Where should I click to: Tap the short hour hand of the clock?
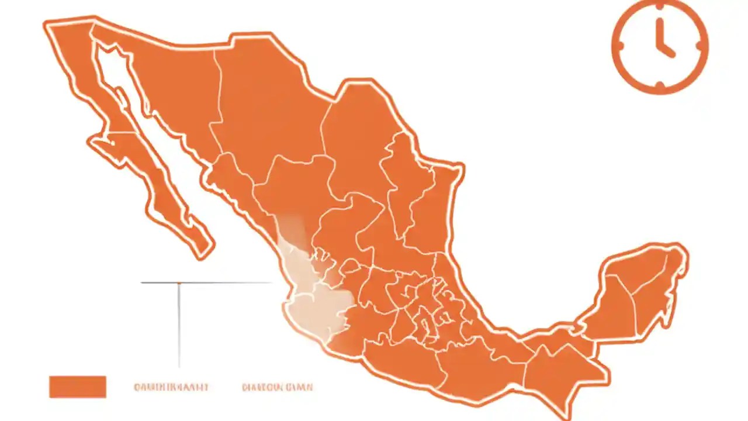[x=667, y=50]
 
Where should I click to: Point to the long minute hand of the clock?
[x=660, y=33]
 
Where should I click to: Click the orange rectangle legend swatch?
[x=78, y=387]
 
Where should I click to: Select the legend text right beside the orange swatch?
[x=171, y=387]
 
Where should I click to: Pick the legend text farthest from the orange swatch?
[x=277, y=387]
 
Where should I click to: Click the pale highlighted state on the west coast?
[x=316, y=304]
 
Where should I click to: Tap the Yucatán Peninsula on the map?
[x=643, y=287]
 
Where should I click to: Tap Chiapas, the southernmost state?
[x=561, y=374]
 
